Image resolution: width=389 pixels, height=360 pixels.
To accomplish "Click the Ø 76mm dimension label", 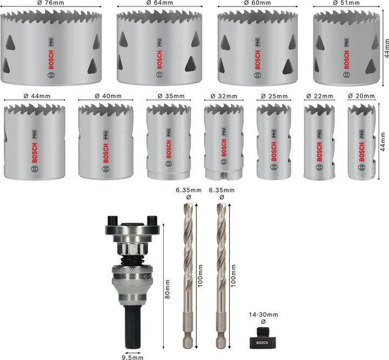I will pos(52,3).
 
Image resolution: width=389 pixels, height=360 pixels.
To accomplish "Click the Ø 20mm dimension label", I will pos(362,96).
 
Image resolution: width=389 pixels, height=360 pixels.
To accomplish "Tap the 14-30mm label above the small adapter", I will pos(264,315).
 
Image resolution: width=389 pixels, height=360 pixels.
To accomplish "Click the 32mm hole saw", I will pos(222,142).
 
